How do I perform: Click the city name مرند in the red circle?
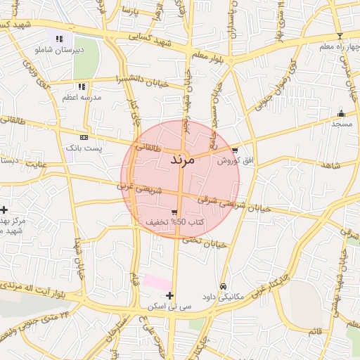181,160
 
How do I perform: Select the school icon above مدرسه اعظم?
82,86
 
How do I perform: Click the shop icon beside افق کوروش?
235,150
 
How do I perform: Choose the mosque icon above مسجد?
342,113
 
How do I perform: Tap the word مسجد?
342,123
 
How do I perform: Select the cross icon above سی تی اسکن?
169,295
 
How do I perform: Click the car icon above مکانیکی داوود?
224,286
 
